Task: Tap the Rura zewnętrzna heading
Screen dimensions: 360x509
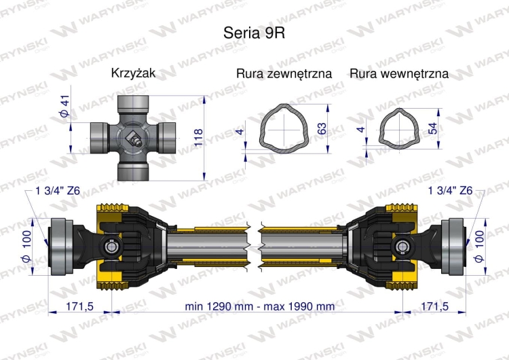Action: point(284,73)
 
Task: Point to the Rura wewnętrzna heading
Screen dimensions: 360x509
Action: point(399,73)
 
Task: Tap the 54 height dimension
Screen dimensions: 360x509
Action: point(432,126)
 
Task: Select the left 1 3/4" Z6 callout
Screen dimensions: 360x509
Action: point(57,192)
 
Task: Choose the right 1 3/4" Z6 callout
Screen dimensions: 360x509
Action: point(451,192)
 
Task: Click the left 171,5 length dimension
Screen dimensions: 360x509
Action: point(79,306)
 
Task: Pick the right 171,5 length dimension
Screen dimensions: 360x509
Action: point(434,306)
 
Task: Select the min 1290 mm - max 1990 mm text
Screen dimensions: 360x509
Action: point(260,306)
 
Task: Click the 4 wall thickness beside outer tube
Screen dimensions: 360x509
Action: point(240,130)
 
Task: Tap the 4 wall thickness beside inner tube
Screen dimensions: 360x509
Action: point(361,129)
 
